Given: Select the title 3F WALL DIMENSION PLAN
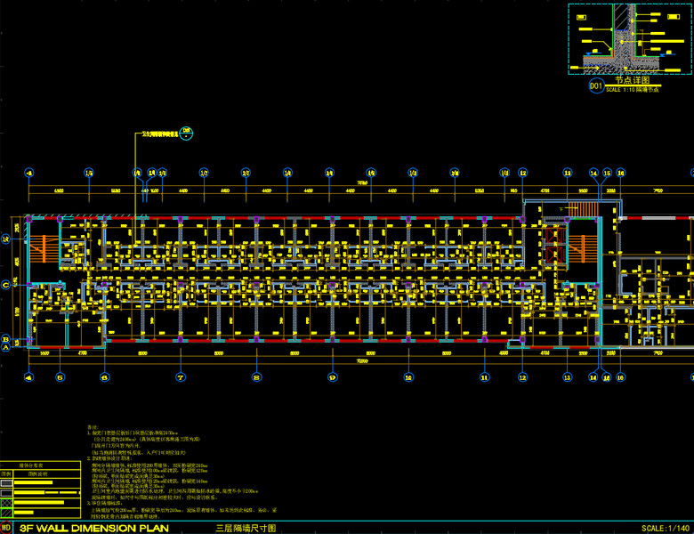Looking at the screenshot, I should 79,528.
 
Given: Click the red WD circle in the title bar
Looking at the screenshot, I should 7,528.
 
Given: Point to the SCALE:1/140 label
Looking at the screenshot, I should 665,528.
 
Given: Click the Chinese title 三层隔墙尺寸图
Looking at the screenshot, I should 246,528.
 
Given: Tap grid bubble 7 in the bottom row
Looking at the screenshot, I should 180,377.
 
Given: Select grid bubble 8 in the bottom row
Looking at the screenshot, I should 256,377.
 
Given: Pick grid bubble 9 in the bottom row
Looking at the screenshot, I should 332,377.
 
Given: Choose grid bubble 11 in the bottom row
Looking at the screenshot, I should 485,377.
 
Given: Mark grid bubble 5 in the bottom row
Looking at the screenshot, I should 60,377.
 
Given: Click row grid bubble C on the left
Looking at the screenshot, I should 6,285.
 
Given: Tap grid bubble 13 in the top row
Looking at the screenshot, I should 568,173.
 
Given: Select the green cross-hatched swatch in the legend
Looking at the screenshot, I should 7,504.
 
